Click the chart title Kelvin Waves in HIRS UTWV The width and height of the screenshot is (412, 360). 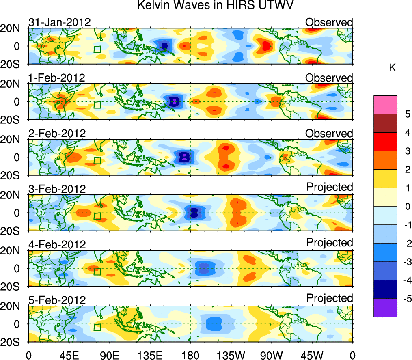click(215, 5)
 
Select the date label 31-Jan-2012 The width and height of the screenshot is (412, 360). click(59, 22)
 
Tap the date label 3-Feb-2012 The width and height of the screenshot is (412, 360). click(57, 189)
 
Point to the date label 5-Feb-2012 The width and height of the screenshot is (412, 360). click(57, 300)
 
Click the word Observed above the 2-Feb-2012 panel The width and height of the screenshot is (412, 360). click(329, 134)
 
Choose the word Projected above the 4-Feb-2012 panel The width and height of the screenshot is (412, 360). click(330, 242)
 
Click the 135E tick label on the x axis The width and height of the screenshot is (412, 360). click(149, 355)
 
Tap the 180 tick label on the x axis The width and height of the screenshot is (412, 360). click(190, 355)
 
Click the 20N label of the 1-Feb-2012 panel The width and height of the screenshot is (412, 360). click(15, 84)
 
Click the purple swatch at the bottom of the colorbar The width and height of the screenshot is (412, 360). click(385, 308)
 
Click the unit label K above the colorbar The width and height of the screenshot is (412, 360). click(392, 68)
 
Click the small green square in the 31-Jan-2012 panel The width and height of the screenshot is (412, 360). click(97, 50)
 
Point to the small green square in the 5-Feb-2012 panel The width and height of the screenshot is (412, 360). click(97, 327)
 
